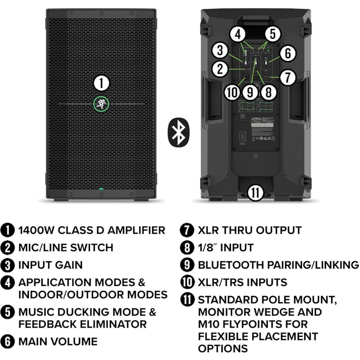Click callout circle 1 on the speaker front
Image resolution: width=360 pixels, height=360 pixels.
[x=102, y=84]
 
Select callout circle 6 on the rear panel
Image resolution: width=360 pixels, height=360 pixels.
[x=288, y=53]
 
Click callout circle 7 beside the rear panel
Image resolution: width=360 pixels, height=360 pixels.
[x=288, y=77]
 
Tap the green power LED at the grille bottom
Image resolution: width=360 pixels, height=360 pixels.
[x=101, y=188]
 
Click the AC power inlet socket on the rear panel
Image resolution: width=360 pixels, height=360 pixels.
[x=243, y=137]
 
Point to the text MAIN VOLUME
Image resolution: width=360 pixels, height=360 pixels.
[x=58, y=341]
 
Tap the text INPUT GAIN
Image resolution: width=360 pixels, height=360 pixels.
[x=50, y=265]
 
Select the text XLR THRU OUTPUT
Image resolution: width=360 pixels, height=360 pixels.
[x=249, y=230]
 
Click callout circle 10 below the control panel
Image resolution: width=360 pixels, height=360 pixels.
[x=232, y=92]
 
